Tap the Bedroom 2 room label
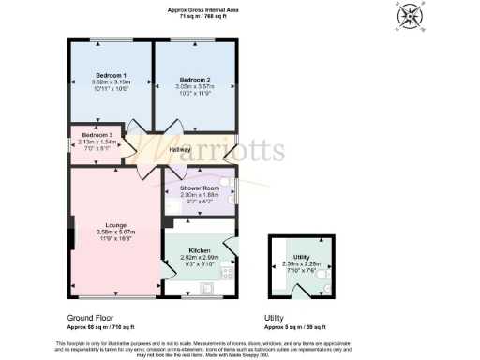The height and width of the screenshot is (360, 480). coord(195,80)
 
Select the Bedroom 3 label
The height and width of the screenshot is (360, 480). coord(97,136)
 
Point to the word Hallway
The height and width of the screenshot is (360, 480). coord(180,150)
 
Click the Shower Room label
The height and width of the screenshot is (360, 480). coord(199,187)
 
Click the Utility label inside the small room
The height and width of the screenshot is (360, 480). coord(301,256)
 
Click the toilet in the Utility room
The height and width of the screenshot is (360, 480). coord(324,276)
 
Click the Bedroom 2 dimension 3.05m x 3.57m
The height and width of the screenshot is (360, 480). coord(195,87)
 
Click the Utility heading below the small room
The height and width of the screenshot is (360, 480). coord(275,318)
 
